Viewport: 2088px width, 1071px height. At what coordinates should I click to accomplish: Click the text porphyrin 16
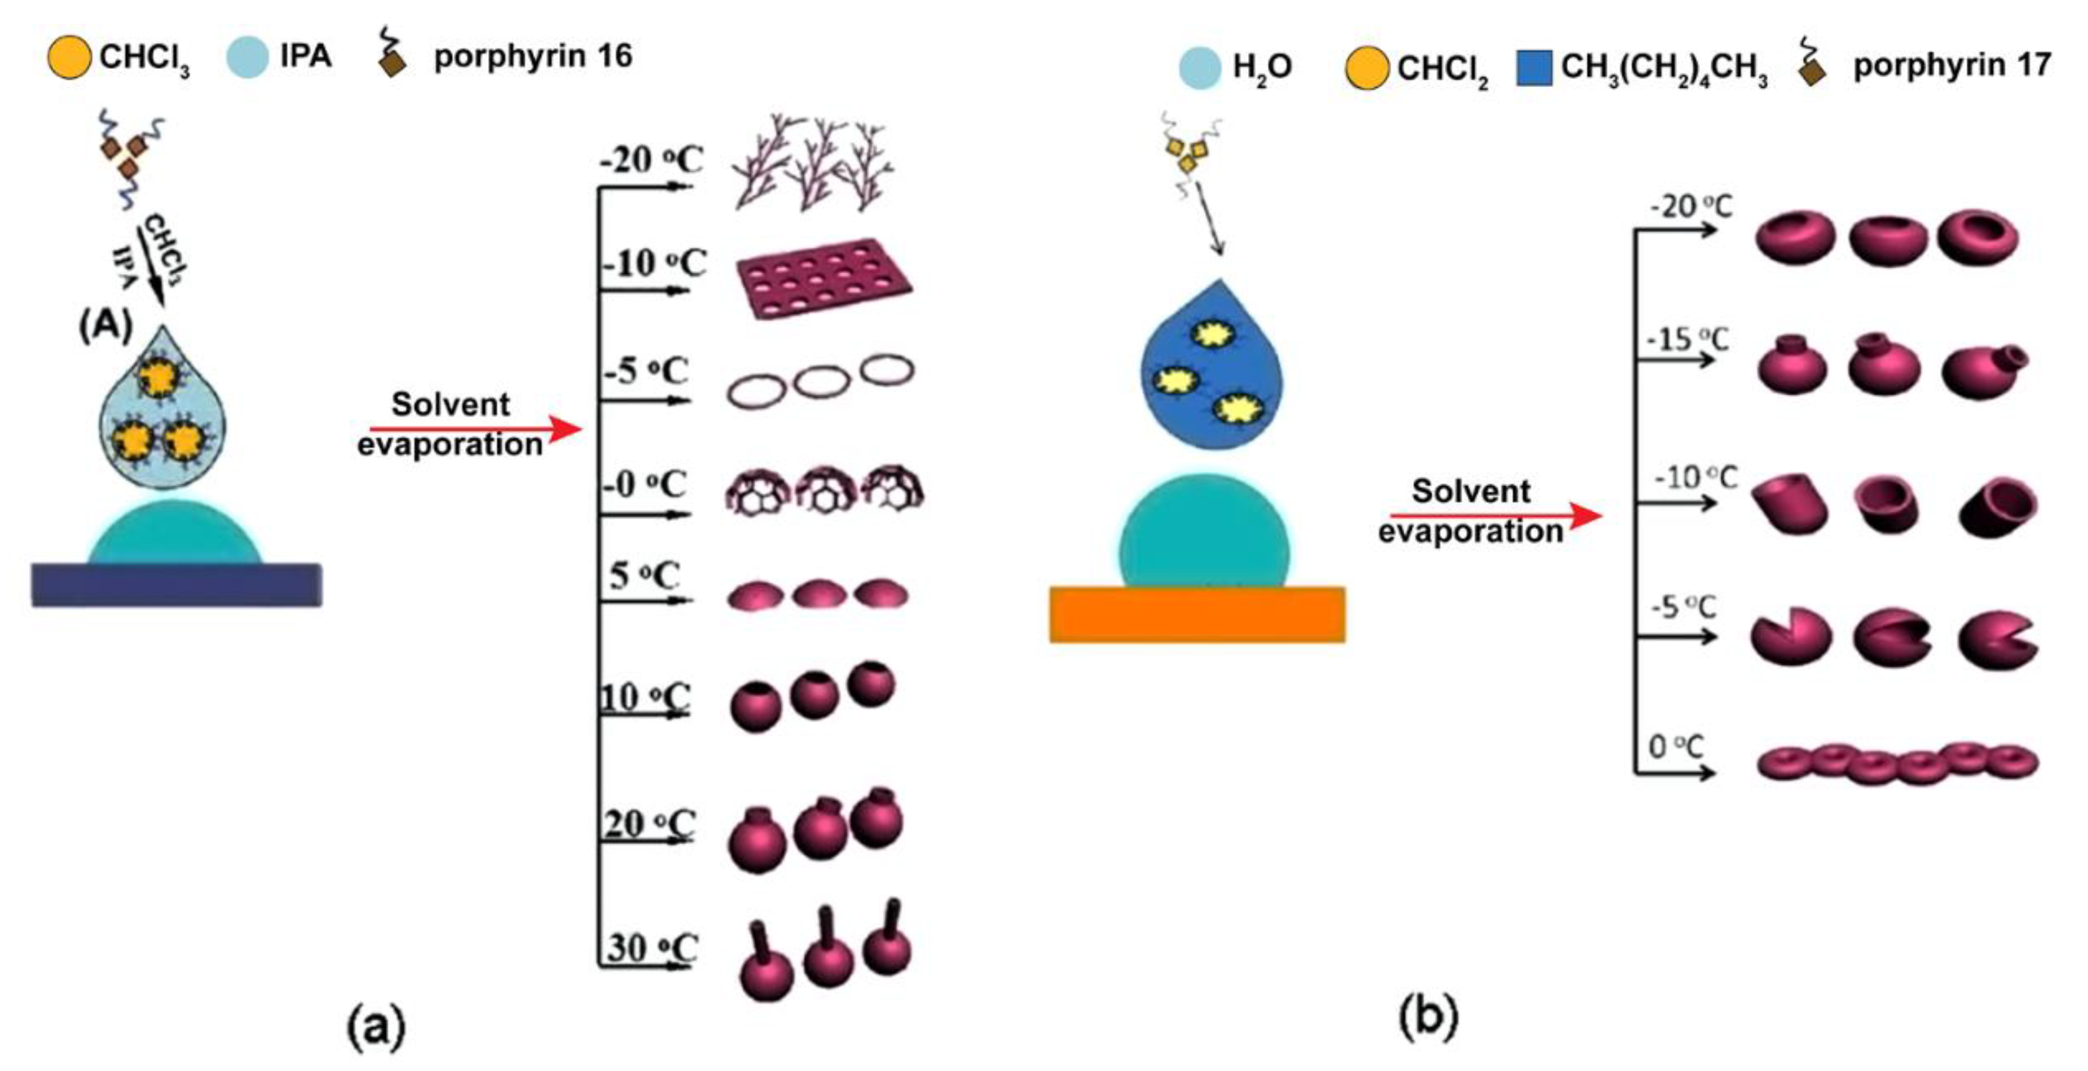(533, 57)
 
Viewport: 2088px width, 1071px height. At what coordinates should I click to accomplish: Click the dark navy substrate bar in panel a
(177, 585)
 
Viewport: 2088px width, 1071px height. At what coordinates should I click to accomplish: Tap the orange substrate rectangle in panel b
(1197, 614)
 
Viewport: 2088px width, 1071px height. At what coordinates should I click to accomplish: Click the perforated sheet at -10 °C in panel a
(824, 278)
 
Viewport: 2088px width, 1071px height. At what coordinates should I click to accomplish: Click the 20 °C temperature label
(648, 824)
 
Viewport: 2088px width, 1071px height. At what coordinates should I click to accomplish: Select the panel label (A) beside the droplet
(105, 326)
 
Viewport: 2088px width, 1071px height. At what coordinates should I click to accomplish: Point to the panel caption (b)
(1428, 1018)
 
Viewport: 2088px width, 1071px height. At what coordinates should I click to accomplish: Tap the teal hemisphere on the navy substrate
(176, 535)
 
